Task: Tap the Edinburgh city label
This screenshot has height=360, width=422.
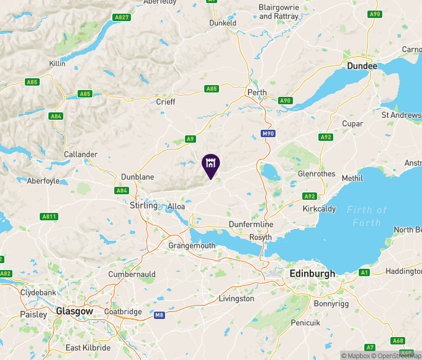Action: click(x=312, y=273)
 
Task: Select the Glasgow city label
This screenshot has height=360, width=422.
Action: click(x=74, y=311)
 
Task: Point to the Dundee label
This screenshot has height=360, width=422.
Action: click(x=362, y=66)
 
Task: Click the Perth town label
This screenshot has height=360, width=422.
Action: click(x=257, y=92)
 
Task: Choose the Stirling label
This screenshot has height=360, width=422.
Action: click(x=143, y=205)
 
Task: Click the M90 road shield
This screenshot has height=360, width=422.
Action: click(x=267, y=133)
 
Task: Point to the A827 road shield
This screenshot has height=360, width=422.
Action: click(x=122, y=17)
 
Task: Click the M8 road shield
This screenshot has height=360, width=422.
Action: click(x=159, y=315)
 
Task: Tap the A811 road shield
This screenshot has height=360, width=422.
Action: click(x=50, y=217)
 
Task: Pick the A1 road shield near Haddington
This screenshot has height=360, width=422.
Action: click(x=364, y=272)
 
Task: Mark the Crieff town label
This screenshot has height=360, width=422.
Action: click(x=165, y=102)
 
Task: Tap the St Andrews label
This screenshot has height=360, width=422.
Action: click(x=402, y=115)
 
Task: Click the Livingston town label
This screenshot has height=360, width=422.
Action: click(x=236, y=299)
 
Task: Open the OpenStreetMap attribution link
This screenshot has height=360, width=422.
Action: click(x=398, y=356)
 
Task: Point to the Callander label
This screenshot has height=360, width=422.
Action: click(x=81, y=154)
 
